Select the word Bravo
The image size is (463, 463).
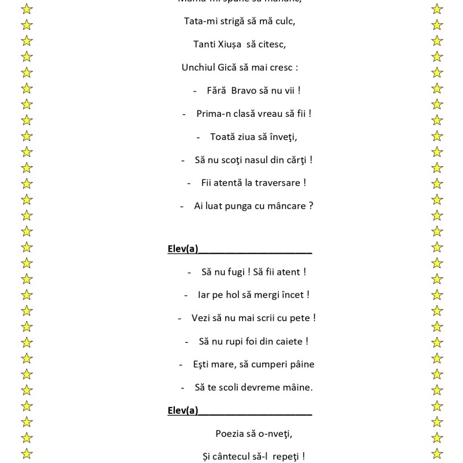[x=247, y=90]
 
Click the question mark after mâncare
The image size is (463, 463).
[x=311, y=206]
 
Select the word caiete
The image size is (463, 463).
[x=288, y=341]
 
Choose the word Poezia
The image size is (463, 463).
[x=231, y=433]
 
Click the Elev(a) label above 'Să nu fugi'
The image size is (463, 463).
[x=183, y=249]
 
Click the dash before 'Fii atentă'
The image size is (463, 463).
[x=189, y=183]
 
